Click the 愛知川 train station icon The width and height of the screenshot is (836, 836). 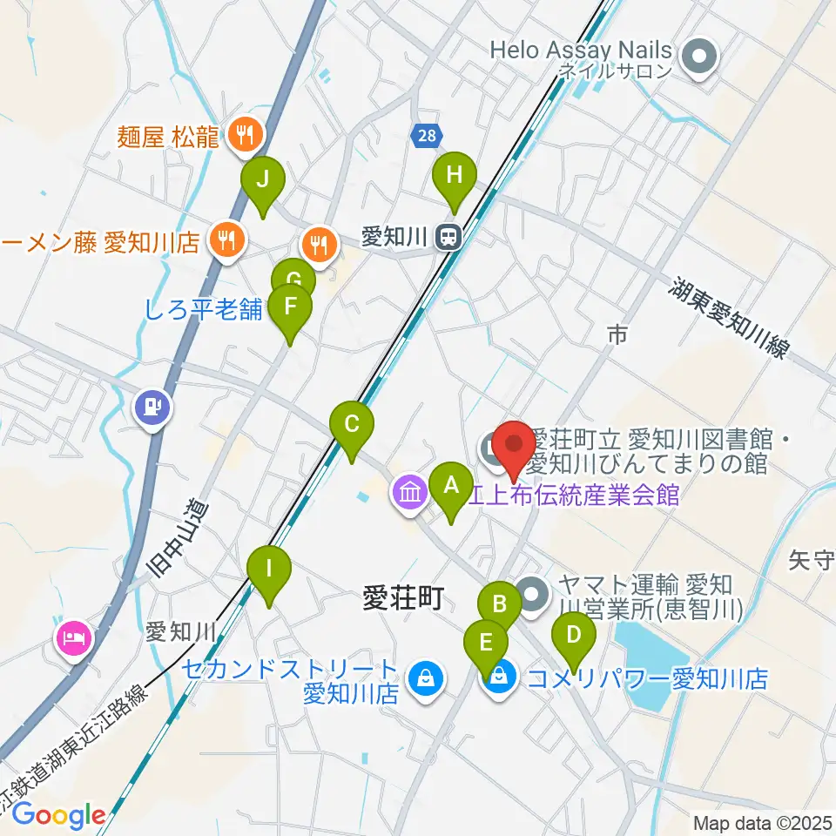coord(448,237)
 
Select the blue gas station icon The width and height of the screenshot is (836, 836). coord(152,406)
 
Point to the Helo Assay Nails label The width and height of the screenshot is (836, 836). coord(581,50)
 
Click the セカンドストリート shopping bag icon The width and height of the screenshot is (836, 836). coord(425,678)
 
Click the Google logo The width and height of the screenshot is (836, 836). coord(59,815)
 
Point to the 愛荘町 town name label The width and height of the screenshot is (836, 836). coord(402,598)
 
